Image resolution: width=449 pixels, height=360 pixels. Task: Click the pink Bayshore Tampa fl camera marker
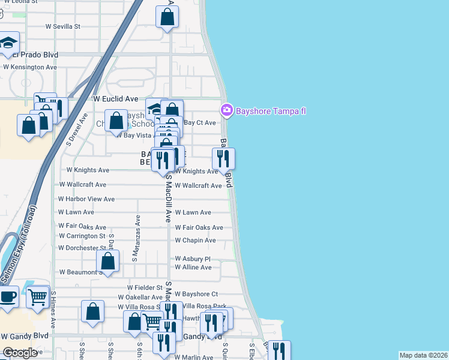pyautogui.click(x=226, y=110)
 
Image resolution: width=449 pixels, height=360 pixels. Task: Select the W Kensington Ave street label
pyautogui.click(x=30, y=67)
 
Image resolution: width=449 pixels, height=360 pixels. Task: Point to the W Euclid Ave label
pyautogui.click(x=116, y=98)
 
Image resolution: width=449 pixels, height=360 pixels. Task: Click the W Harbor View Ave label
pyautogui.click(x=86, y=199)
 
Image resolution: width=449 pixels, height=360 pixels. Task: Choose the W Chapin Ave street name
pyautogui.click(x=195, y=241)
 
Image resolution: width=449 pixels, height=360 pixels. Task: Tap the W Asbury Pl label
pyautogui.click(x=192, y=259)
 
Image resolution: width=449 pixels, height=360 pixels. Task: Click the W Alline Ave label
pyautogui.click(x=193, y=267)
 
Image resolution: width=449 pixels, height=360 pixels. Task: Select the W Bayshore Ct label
pyautogui.click(x=196, y=294)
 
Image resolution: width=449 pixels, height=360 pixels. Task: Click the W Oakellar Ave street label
pyautogui.click(x=140, y=297)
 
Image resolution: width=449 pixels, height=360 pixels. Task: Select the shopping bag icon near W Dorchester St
pyautogui.click(x=107, y=261)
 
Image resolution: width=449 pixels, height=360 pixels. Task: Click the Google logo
pyautogui.click(x=20, y=353)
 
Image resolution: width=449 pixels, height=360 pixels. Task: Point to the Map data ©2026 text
pyautogui.click(x=423, y=355)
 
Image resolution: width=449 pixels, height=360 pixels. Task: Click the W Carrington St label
pyautogui.click(x=82, y=236)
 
